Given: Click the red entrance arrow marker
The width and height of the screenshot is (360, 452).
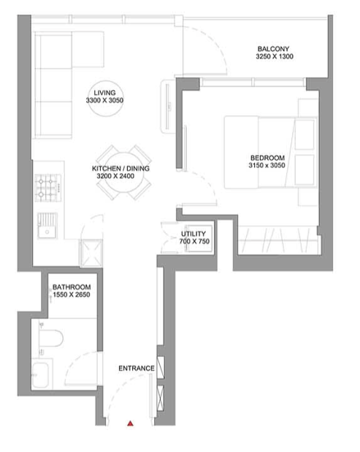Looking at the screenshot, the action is [131, 424].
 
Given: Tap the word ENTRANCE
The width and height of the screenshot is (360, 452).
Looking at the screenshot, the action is [137, 368].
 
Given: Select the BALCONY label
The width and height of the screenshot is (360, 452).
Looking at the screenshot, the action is [273, 49].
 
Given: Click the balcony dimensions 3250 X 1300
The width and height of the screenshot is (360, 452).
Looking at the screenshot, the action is [275, 56].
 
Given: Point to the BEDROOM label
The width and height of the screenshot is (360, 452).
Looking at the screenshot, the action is [267, 158].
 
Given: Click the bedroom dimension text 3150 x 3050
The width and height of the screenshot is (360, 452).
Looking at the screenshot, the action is [267, 165].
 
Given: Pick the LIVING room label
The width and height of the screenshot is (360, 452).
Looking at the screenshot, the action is [104, 93].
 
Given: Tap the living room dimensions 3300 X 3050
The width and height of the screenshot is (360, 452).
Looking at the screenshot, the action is [104, 100].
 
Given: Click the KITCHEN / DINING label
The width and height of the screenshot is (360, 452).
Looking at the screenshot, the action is [120, 169].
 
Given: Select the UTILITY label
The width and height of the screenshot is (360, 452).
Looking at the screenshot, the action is [194, 234].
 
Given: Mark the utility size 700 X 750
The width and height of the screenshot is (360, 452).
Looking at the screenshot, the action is [194, 241].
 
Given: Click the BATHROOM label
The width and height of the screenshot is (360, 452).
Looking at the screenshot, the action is [72, 287].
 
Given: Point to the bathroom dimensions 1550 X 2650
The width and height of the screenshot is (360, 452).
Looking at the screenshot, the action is [72, 294].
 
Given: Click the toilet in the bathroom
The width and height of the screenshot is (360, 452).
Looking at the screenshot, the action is [50, 338].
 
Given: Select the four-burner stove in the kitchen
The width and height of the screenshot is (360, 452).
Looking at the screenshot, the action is [48, 188].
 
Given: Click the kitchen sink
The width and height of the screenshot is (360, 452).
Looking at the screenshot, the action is [47, 226].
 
